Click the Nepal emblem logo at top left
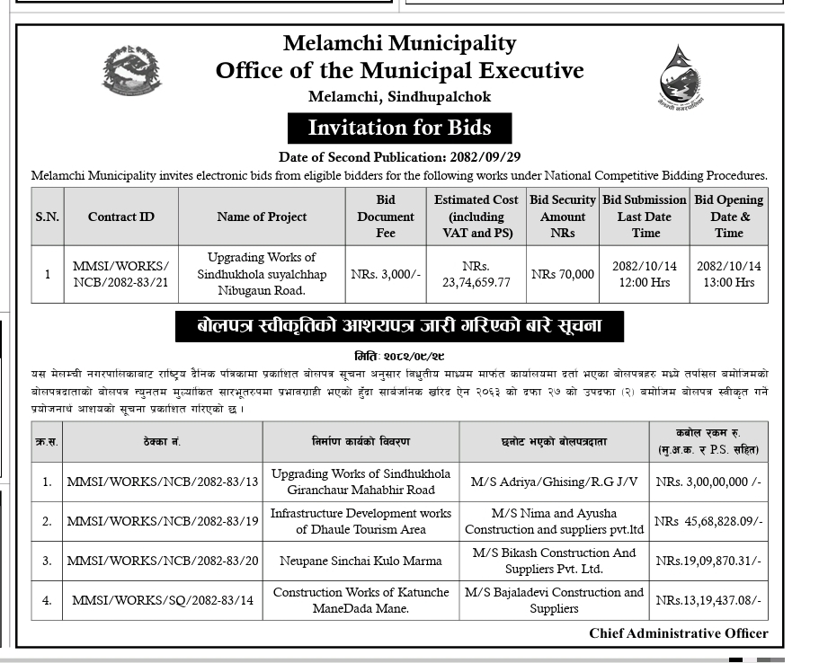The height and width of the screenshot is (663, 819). coord(130,73)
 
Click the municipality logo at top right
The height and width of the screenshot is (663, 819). coord(681,77)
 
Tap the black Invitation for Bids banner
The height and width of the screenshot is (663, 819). coord(399,128)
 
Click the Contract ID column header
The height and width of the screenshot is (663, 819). coord(120,217)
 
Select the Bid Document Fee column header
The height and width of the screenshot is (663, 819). coord(386,217)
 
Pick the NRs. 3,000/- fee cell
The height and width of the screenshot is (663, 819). coord(386,274)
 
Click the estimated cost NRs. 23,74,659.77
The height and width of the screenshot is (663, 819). coord(476,274)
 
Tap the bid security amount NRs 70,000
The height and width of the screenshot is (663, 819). coord(563,274)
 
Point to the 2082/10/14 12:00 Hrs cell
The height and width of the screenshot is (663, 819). coord(645,274)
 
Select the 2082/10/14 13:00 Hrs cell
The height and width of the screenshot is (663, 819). coord(728,274)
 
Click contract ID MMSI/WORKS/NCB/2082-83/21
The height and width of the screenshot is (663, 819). coord(120,274)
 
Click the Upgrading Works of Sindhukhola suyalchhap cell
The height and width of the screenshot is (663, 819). coord(262,274)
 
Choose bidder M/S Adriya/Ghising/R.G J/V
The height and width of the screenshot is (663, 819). coord(555,482)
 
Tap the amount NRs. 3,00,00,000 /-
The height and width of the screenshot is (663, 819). coord(708,482)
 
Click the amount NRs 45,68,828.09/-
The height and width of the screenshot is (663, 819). coord(708,521)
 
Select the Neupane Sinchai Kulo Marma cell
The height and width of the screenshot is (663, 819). coord(361,561)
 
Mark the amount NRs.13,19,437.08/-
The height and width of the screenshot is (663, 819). coord(708,600)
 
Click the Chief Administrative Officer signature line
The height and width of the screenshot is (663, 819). coord(679,633)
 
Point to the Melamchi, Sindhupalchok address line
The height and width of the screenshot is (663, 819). coord(399,97)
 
